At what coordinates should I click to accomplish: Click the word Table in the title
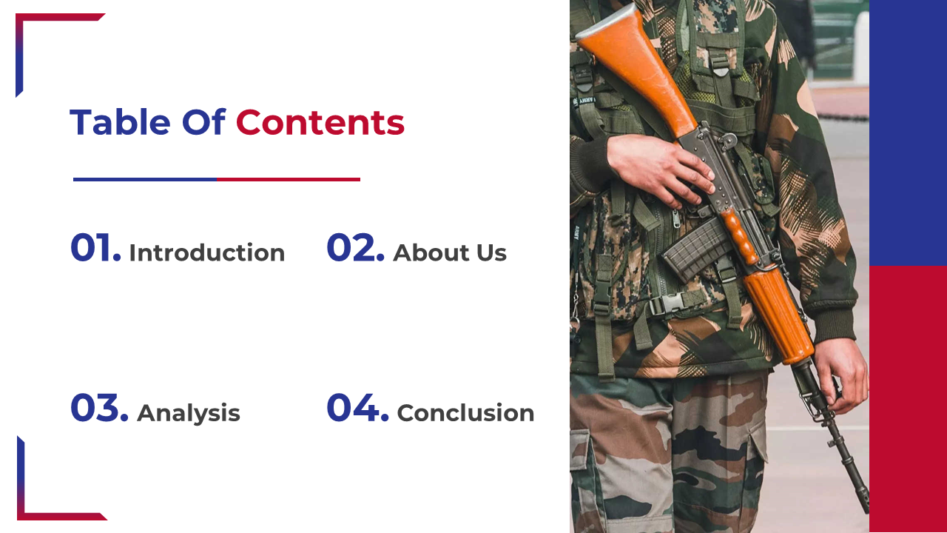click(120, 122)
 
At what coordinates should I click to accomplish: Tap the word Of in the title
click(203, 122)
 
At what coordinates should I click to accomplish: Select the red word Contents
click(320, 122)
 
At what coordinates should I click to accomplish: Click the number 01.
click(96, 247)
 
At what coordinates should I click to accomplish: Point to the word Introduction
click(207, 252)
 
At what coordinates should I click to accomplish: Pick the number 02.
click(356, 247)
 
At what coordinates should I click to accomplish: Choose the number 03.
click(99, 407)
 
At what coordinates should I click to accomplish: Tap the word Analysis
click(189, 413)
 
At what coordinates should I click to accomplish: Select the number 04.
click(357, 407)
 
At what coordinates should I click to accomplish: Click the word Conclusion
click(465, 413)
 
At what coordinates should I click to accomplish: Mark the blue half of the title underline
click(145, 179)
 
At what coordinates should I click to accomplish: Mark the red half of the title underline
click(289, 179)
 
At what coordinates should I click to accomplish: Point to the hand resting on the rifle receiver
click(659, 170)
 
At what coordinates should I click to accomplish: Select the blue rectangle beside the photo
click(908, 133)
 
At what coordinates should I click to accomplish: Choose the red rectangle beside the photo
click(908, 399)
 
